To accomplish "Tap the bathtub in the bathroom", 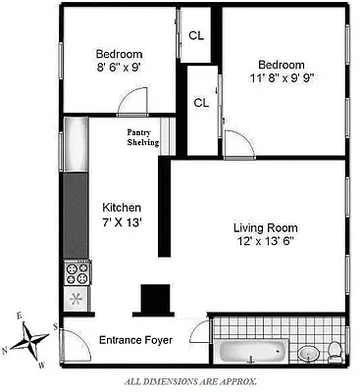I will (x=252, y=351).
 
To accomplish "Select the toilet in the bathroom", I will (x=334, y=349).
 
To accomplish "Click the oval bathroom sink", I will (x=308, y=353).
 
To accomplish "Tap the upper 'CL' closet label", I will (x=196, y=34).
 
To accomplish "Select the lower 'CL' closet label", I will (x=201, y=102).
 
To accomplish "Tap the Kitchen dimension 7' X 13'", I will (x=124, y=224).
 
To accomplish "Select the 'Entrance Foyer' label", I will (x=135, y=341).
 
